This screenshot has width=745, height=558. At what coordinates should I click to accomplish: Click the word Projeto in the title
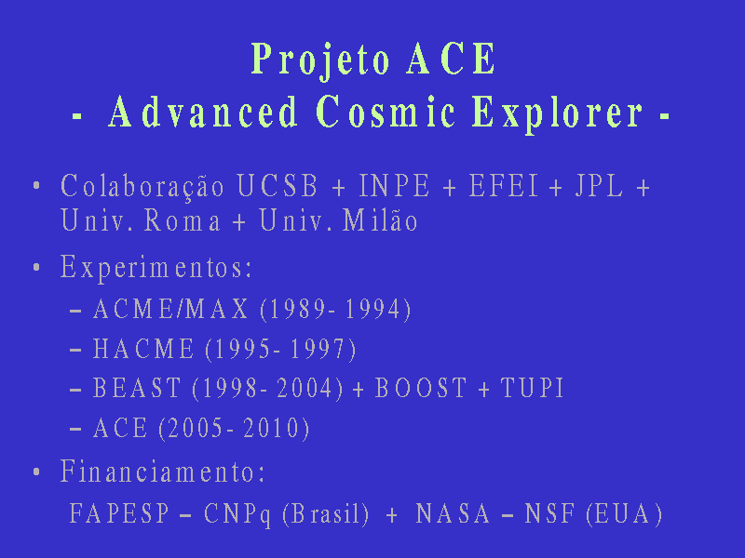pyautogui.click(x=320, y=60)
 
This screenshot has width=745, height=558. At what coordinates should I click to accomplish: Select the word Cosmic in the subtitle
pyautogui.click(x=386, y=111)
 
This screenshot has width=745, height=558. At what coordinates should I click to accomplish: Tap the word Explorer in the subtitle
pyautogui.click(x=558, y=113)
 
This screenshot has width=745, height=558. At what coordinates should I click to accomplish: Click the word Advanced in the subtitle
pyautogui.click(x=203, y=111)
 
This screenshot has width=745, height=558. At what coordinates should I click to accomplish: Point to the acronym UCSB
pyautogui.click(x=277, y=185)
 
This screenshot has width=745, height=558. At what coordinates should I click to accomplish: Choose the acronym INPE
pyautogui.click(x=394, y=185)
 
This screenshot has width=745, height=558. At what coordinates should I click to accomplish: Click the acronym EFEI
pyautogui.click(x=504, y=185)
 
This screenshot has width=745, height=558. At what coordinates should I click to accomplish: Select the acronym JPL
pyautogui.click(x=599, y=185)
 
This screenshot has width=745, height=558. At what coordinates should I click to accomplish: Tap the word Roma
pyautogui.click(x=183, y=220)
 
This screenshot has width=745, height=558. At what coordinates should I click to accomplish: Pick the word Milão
pyautogui.click(x=380, y=219)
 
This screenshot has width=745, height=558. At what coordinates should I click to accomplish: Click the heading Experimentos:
pyautogui.click(x=156, y=268)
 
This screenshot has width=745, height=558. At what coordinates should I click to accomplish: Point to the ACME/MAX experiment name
pyautogui.click(x=170, y=309)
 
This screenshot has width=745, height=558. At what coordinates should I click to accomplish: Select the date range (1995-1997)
pyautogui.click(x=280, y=350)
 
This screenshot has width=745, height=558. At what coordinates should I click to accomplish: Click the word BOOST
pyautogui.click(x=421, y=388)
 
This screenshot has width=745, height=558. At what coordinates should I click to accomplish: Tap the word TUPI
pyautogui.click(x=532, y=388)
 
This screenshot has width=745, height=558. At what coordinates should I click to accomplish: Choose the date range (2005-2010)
pyautogui.click(x=234, y=429)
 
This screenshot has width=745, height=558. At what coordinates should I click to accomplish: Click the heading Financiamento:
pyautogui.click(x=162, y=472)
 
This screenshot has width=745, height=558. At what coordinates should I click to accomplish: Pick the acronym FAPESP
pyautogui.click(x=119, y=513)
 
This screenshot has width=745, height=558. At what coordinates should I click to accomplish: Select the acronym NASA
pyautogui.click(x=453, y=513)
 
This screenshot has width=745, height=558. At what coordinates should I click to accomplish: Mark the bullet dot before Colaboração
pyautogui.click(x=36, y=185)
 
